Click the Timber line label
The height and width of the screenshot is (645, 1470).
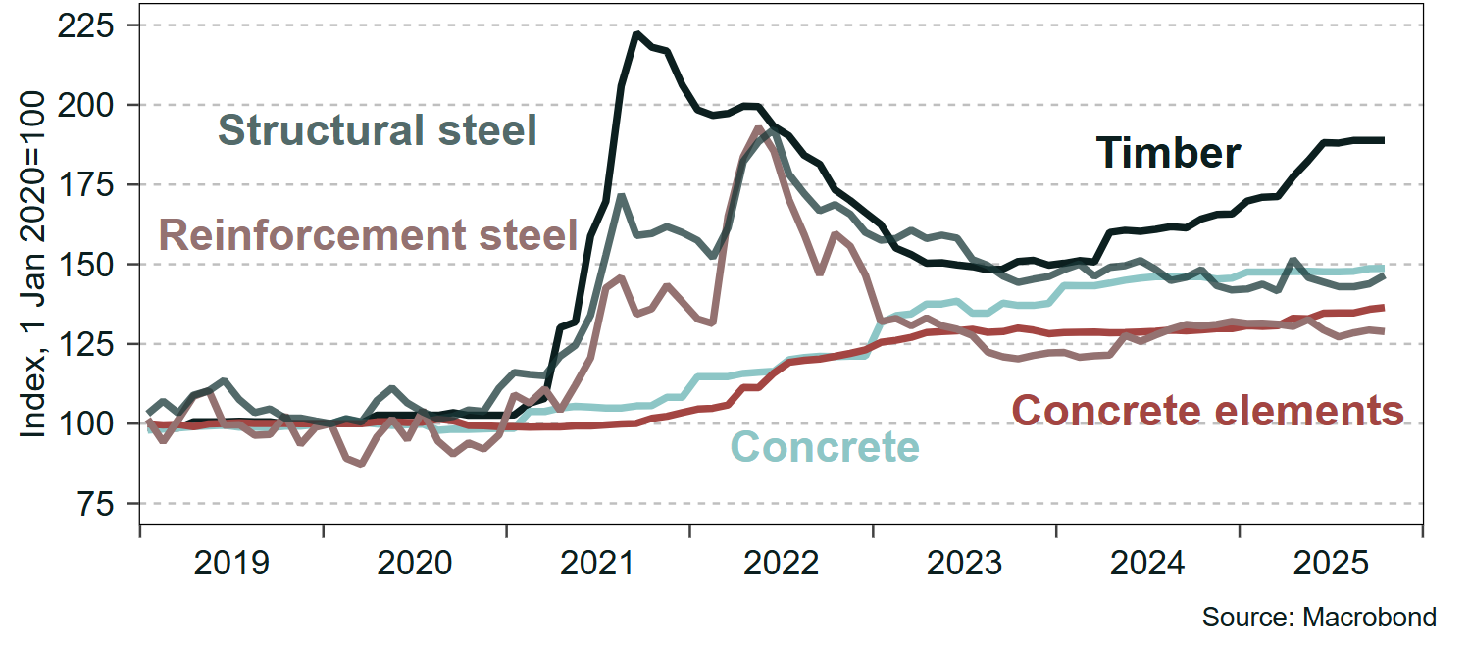tap(1169, 153)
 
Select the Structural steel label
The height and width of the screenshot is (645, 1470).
tap(378, 129)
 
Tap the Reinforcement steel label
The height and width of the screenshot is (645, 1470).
tap(368, 235)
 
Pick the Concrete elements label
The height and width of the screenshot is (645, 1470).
tap(1207, 411)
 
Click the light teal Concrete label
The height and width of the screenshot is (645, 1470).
tap(826, 447)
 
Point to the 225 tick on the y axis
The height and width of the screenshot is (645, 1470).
tap(95, 25)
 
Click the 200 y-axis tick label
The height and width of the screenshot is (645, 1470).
tap(95, 105)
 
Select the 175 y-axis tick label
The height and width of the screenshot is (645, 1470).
tap(95, 184)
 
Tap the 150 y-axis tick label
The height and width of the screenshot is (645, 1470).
tap(95, 265)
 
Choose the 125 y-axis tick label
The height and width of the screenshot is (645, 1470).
tap(95, 344)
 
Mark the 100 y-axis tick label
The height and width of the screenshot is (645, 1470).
tap(95, 424)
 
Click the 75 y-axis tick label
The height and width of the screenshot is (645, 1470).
tap(104, 504)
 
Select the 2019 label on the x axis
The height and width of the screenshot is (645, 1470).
tap(231, 564)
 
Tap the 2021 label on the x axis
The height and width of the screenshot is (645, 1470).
tap(598, 564)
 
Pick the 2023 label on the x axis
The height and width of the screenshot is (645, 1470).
tap(965, 564)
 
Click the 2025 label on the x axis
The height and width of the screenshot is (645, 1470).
tap(1332, 564)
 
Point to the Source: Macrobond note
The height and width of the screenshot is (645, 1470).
tap(1319, 618)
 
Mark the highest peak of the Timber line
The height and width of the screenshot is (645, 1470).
tap(636, 34)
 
